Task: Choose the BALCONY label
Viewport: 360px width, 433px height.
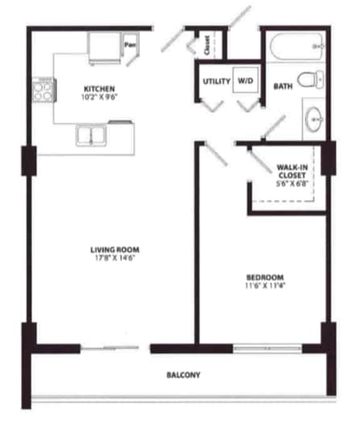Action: [183, 376]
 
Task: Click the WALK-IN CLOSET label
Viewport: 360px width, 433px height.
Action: [291, 170]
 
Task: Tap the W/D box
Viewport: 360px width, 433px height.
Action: [245, 82]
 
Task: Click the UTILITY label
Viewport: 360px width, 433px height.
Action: [216, 82]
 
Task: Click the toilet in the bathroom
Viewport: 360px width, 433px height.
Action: [310, 79]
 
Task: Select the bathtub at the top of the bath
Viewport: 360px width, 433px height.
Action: [296, 47]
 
